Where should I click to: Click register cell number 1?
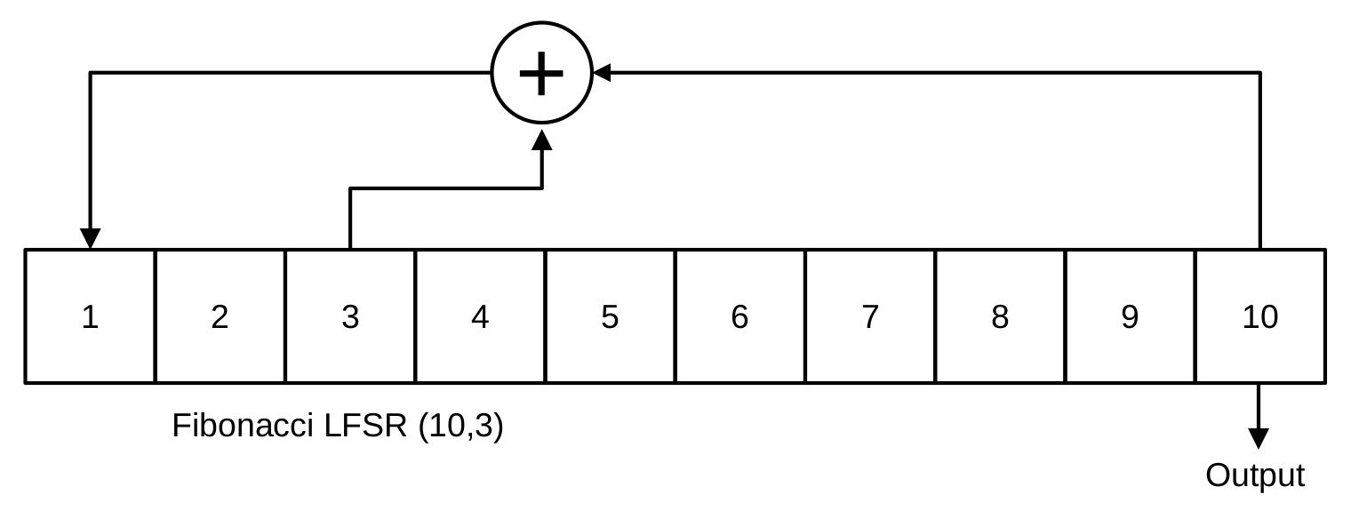pyautogui.click(x=90, y=316)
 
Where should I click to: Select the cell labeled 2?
pyautogui.click(x=220, y=316)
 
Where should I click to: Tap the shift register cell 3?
pyautogui.click(x=350, y=316)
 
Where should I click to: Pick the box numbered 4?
pyautogui.click(x=480, y=316)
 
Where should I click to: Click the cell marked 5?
pyautogui.click(x=610, y=316)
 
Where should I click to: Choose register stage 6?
pyautogui.click(x=739, y=316)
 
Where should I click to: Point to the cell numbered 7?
pyautogui.click(x=869, y=316)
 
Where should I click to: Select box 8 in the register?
pyautogui.click(x=1000, y=316)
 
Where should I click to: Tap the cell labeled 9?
pyautogui.click(x=1130, y=316)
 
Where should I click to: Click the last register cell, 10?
pyautogui.click(x=1260, y=316)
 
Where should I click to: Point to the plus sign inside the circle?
pyautogui.click(x=541, y=73)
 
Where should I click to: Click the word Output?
pyautogui.click(x=1255, y=476)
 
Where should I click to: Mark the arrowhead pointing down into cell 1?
pyautogui.click(x=90, y=238)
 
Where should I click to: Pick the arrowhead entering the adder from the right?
pyautogui.click(x=603, y=73)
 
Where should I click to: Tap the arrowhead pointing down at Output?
pyautogui.click(x=1258, y=437)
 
